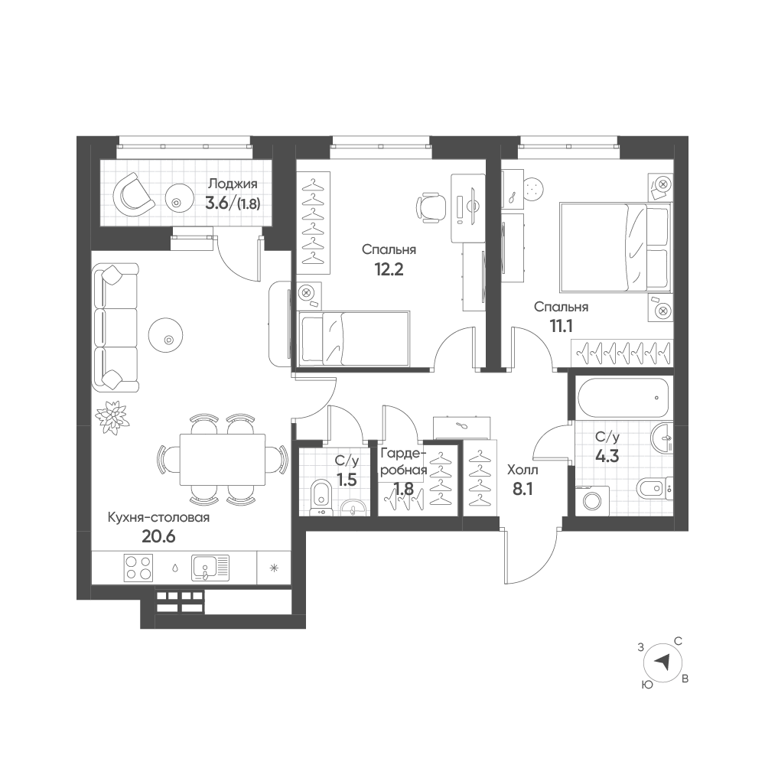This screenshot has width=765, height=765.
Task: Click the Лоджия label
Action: (x=233, y=184)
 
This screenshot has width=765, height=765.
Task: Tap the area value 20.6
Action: (x=158, y=537)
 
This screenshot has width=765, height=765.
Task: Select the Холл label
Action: (x=522, y=470)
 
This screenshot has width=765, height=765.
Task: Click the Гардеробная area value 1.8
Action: (x=404, y=488)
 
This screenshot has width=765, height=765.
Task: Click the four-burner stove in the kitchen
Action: (x=138, y=568)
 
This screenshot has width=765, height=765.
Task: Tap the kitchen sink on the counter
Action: (x=210, y=568)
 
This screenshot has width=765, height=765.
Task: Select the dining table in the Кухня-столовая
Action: (x=223, y=460)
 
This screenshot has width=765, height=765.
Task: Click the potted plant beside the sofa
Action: (x=110, y=417)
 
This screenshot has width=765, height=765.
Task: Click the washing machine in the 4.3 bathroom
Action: (x=593, y=500)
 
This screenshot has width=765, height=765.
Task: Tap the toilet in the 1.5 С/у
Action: (x=321, y=497)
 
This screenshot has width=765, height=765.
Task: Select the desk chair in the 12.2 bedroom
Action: (x=431, y=208)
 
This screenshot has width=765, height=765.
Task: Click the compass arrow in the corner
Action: (x=662, y=662)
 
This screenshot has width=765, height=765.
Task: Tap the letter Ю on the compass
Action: (x=647, y=685)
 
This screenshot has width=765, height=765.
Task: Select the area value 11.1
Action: (x=561, y=327)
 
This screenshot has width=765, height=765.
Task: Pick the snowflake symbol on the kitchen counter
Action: (x=274, y=568)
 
